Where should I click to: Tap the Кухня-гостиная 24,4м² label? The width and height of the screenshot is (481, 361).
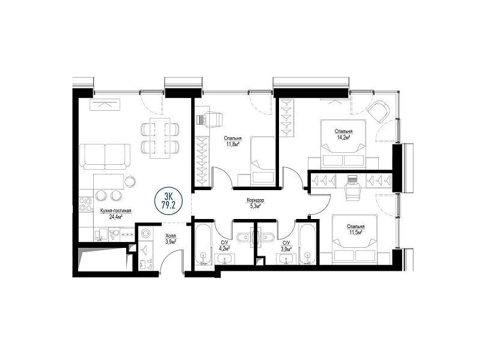(115, 214)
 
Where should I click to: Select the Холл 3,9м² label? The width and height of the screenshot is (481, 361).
(171, 239)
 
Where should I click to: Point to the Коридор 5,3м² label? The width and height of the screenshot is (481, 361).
(255, 203)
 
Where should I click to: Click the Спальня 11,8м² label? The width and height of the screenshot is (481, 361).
(233, 141)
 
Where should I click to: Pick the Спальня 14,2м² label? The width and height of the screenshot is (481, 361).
(343, 134)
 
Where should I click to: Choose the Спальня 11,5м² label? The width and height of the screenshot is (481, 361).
(356, 229)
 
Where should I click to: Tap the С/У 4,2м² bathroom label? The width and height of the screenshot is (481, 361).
(225, 245)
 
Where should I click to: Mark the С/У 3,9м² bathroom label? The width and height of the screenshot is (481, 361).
(287, 245)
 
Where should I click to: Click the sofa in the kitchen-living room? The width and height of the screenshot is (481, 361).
(105, 156)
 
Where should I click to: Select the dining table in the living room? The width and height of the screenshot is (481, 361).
(160, 138)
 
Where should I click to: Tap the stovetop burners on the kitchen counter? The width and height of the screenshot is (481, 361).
(86, 205)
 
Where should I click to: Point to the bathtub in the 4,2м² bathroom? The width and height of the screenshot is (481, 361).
(203, 244)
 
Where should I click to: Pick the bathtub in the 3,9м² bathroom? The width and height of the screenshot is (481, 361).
(307, 244)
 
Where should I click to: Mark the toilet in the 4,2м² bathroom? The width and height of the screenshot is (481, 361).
(244, 237)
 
